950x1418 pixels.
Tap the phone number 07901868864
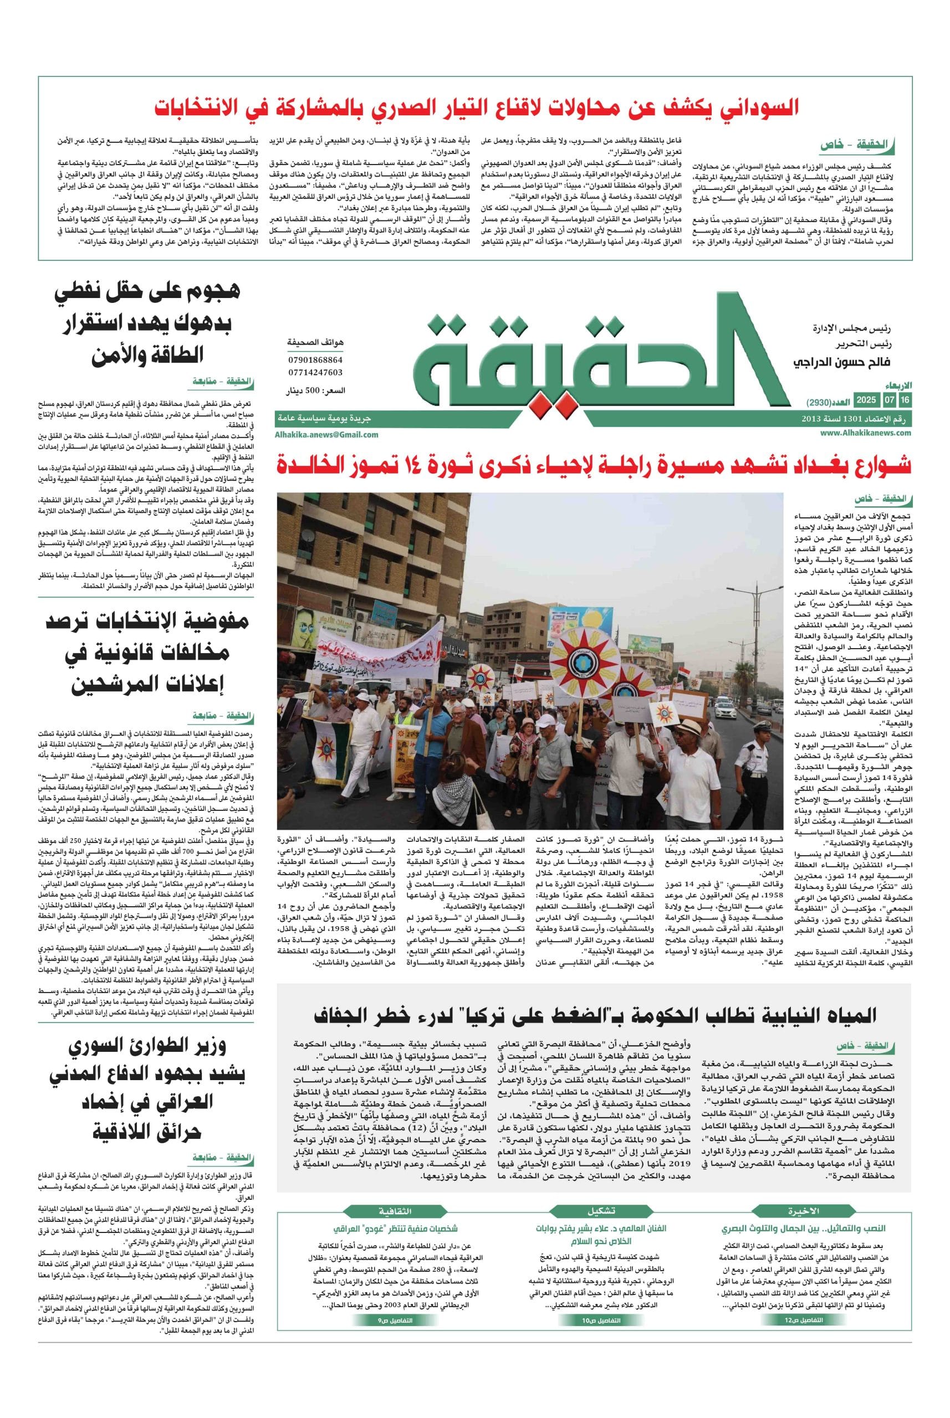pyautogui.click(x=315, y=359)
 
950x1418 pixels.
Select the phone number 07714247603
pyautogui.click(x=315, y=372)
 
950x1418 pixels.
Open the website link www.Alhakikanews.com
pyautogui.click(x=866, y=433)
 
